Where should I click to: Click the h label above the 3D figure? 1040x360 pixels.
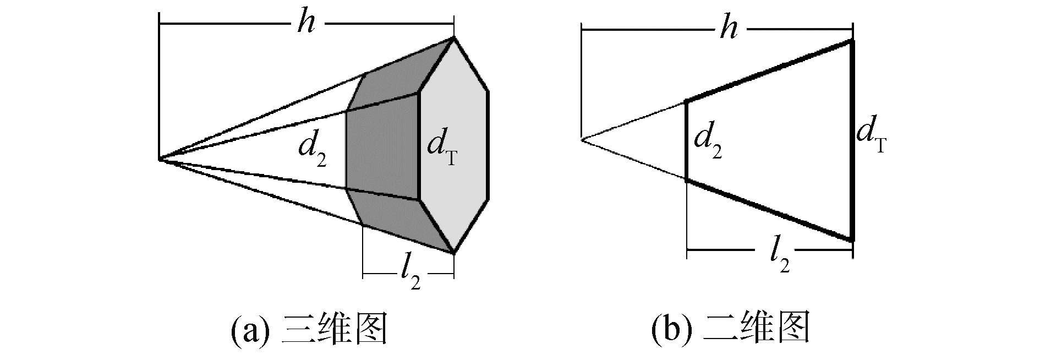[306, 24]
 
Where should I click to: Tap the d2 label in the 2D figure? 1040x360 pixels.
[708, 143]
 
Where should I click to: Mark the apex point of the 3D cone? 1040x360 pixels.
[159, 160]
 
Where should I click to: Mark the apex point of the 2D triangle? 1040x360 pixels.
[581, 140]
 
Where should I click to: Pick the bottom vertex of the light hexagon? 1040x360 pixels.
[454, 254]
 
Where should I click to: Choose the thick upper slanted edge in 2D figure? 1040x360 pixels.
[770, 70]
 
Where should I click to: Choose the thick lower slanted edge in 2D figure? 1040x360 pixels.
[770, 210]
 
